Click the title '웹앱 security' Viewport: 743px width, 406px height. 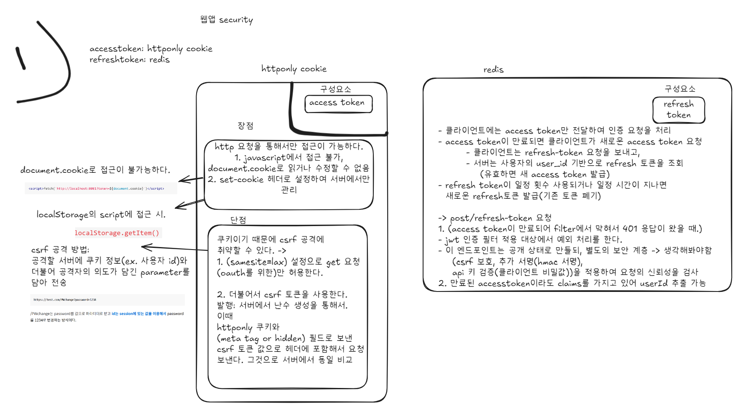(226, 20)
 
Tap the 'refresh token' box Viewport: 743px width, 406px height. (678, 110)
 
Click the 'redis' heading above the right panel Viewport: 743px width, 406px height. (493, 70)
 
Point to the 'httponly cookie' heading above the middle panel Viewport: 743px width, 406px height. (294, 69)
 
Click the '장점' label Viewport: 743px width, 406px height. (245, 125)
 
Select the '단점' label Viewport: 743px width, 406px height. (238, 220)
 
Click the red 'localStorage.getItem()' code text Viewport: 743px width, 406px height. (117, 233)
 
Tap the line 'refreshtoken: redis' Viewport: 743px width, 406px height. (129, 60)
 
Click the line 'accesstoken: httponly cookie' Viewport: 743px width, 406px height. (151, 49)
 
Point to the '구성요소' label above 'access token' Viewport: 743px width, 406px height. (336, 89)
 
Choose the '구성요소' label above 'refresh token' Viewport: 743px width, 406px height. (680, 88)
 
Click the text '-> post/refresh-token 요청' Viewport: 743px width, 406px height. (494, 218)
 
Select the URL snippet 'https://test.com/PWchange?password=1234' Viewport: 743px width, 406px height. (65, 299)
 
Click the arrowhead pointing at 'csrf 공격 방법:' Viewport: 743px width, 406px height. (145, 247)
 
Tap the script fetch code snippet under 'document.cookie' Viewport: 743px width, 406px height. (96, 188)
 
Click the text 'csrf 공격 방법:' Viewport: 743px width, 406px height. (60, 250)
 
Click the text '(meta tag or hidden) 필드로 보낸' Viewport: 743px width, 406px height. (284, 338)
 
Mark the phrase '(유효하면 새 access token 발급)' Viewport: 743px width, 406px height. (544, 174)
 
